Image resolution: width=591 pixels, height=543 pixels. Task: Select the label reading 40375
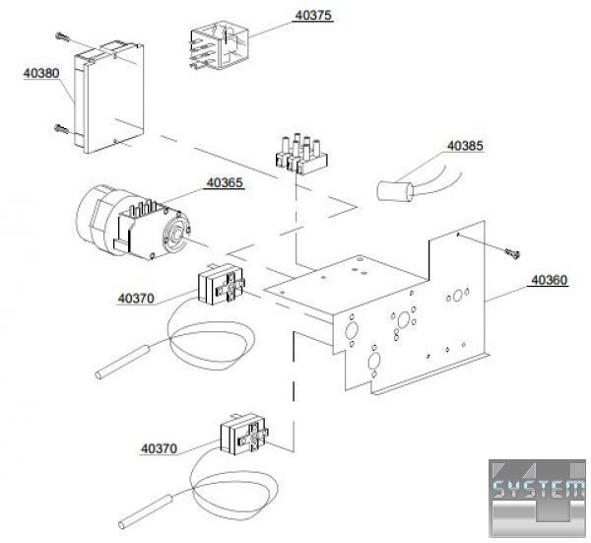coord(313,17)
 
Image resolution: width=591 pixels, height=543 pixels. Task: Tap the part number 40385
coord(466,146)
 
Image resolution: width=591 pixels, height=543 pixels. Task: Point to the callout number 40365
coord(225,182)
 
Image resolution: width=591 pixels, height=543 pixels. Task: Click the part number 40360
coord(549,280)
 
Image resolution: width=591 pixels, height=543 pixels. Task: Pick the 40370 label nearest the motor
coord(136,298)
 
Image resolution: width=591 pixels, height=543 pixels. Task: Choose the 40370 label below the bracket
coord(159,448)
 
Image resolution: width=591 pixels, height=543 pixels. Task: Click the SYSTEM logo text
coord(537,490)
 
